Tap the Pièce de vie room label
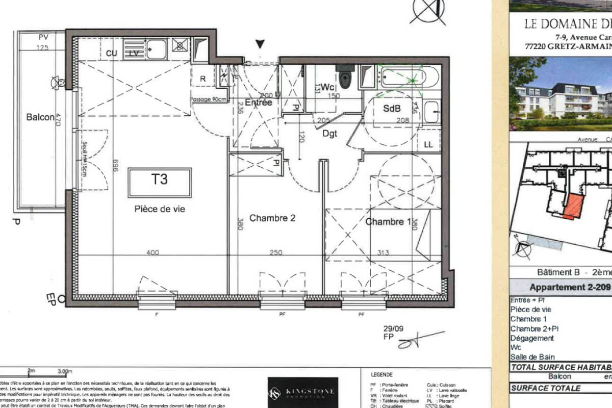160,209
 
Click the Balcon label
40,117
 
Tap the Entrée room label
259,103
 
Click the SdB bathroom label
391,109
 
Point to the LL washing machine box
428,145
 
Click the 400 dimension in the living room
153,252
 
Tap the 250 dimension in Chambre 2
276,252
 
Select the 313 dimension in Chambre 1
384,252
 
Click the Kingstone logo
302,392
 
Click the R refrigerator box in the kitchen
202,79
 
